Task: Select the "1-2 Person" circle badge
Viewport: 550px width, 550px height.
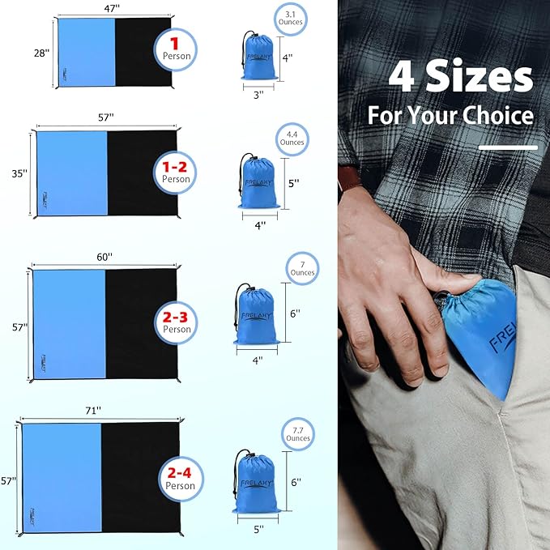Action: click(x=176, y=172)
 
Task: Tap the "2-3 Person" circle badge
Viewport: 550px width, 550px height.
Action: click(x=177, y=322)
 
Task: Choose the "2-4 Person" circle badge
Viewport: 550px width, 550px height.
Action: click(x=180, y=479)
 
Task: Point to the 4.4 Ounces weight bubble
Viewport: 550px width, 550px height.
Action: click(x=292, y=137)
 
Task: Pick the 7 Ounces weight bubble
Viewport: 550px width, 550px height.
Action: click(x=302, y=267)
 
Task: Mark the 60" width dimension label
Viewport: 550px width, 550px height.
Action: click(x=104, y=256)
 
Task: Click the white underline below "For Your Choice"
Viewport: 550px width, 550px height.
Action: click(x=508, y=147)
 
